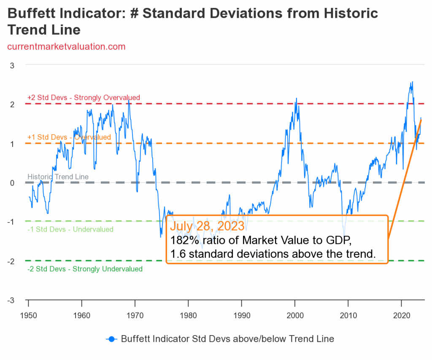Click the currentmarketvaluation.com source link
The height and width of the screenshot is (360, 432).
point(67,46)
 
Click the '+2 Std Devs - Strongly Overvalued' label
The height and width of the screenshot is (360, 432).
point(84,97)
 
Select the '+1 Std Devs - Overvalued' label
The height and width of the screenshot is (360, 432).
point(69,137)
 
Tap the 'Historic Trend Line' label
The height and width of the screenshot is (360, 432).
point(58,177)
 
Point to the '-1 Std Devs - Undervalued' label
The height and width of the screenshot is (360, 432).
point(70,230)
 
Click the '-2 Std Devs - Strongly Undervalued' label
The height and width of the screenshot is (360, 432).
point(85,269)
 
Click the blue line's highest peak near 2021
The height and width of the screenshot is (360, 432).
point(412,82)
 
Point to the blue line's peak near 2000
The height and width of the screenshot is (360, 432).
point(296,98)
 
